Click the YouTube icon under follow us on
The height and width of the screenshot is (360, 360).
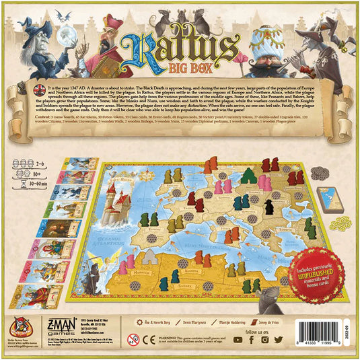(x=265, y=340)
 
